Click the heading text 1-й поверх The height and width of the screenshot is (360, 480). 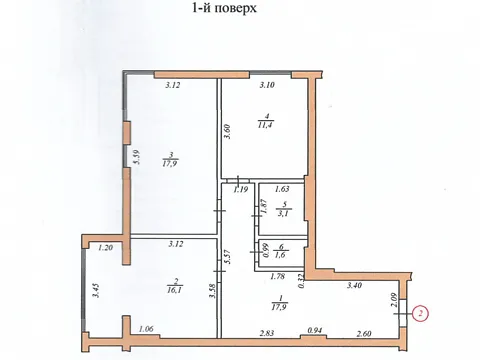click(x=225, y=7)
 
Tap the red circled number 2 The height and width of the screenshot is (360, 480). click(x=421, y=314)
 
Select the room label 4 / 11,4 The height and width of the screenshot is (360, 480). click(x=266, y=121)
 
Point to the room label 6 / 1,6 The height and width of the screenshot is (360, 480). click(x=281, y=251)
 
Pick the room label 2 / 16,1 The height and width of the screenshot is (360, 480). click(x=175, y=286)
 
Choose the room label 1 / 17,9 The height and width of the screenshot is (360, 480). click(x=279, y=303)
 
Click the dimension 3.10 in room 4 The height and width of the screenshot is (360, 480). click(x=267, y=85)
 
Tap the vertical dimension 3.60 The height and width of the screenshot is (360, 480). click(x=228, y=132)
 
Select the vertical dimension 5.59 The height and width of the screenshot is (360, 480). click(x=137, y=157)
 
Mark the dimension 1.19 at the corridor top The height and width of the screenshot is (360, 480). click(x=240, y=189)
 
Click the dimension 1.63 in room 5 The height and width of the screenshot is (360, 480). click(x=282, y=189)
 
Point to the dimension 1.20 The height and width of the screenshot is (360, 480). click(x=105, y=248)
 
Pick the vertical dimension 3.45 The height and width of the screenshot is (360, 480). click(x=97, y=290)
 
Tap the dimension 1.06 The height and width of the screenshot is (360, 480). click(x=146, y=329)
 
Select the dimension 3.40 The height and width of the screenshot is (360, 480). click(x=354, y=285)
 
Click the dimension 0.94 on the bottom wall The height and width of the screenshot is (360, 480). click(x=314, y=331)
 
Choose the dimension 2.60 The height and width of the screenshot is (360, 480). click(x=364, y=333)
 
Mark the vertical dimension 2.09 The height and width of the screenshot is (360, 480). click(x=394, y=300)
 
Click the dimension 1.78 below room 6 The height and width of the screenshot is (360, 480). click(x=277, y=276)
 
